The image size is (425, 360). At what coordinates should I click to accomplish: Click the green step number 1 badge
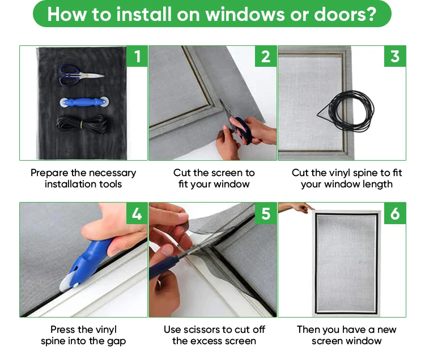coord(137,56)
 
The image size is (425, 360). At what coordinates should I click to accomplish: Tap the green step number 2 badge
coord(266,56)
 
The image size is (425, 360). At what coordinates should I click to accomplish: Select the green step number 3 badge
coord(395,56)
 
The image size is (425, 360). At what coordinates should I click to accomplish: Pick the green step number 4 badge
coord(137,213)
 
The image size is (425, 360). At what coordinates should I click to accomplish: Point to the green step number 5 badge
coord(266,213)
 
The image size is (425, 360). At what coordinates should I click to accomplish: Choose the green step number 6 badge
coord(395,213)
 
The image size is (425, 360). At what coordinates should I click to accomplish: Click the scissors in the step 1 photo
coord(81,75)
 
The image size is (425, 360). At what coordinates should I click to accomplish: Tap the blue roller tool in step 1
coord(84,102)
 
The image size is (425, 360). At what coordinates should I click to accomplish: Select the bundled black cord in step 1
coord(81,124)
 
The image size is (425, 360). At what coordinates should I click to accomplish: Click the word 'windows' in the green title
coord(245,14)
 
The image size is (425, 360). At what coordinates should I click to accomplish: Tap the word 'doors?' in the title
coord(345,14)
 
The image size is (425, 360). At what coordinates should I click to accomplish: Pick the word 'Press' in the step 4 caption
coord(63,329)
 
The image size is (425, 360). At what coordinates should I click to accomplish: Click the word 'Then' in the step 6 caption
coord(308,329)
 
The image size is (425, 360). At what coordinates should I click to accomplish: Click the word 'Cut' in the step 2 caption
coord(182,173)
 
